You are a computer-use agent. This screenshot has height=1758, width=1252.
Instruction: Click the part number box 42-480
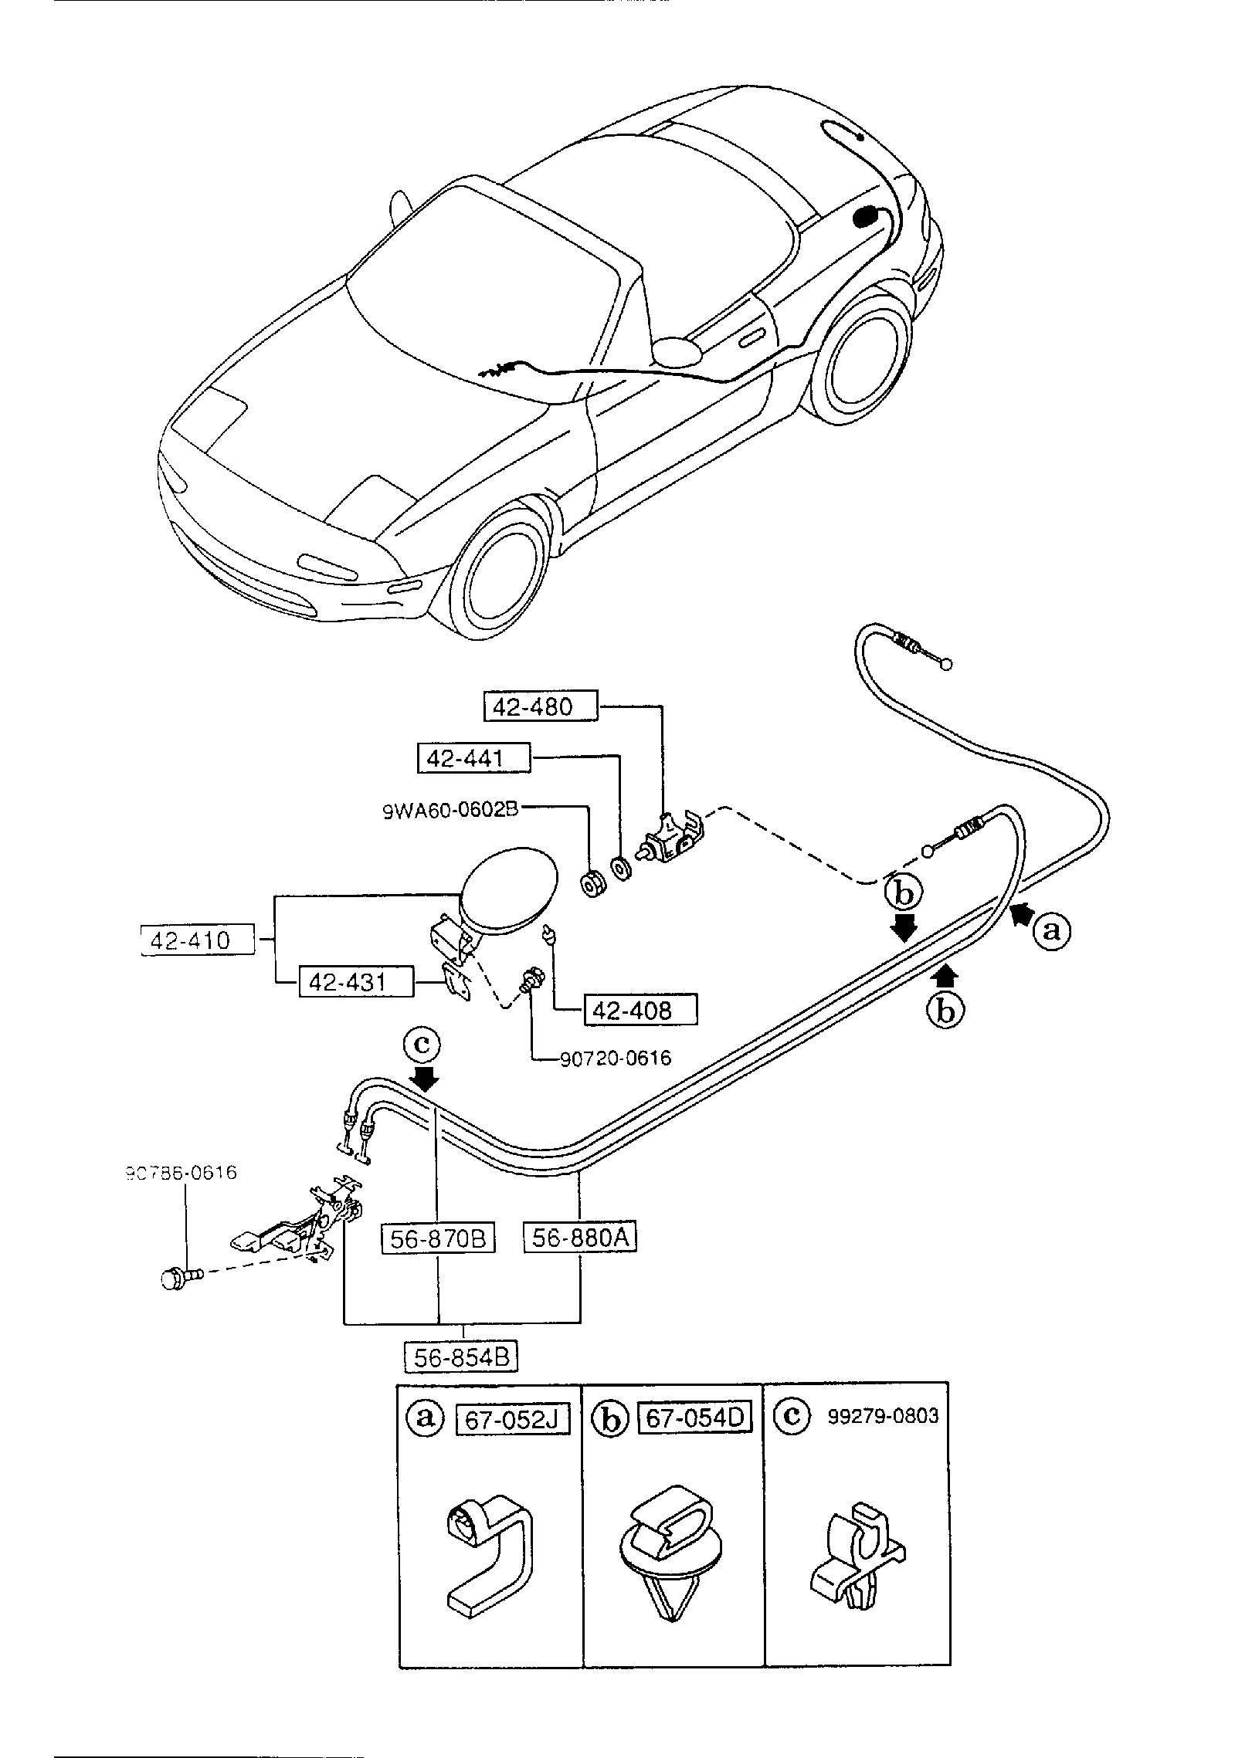pos(541,706)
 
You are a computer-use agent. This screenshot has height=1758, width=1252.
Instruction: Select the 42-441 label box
pos(474,758)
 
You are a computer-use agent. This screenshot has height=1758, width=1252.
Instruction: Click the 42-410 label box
pos(198,940)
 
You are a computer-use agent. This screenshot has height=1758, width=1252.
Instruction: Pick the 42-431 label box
pos(356,982)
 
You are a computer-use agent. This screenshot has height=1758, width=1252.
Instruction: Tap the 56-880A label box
pos(580,1238)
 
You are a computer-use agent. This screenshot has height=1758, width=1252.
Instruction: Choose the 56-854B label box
pos(461,1357)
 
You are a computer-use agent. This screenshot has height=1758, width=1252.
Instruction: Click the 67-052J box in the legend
pos(513,1419)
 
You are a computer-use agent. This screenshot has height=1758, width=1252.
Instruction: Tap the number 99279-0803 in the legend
pos(883,1416)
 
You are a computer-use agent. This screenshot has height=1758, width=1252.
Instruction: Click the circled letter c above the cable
pos(421,1045)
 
